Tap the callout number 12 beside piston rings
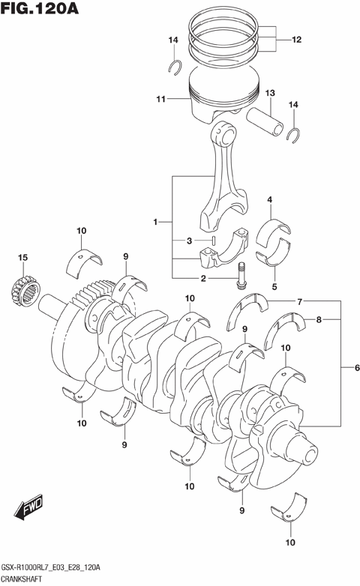(296, 39)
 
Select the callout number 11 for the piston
(160, 99)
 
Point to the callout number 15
(22, 259)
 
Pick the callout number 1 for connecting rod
(155, 222)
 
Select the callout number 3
(191, 241)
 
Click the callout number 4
(269, 199)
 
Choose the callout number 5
(274, 286)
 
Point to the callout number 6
(347, 368)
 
